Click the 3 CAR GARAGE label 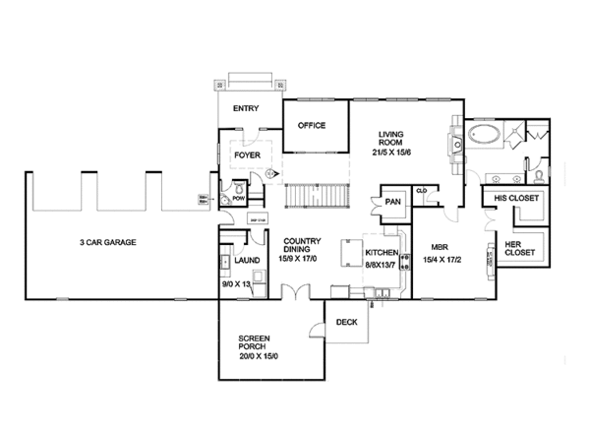pos(108,241)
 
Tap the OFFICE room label pos(312,125)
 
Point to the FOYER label pos(247,154)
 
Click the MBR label pos(440,248)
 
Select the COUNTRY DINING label pos(303,245)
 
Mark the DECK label pos(346,322)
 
